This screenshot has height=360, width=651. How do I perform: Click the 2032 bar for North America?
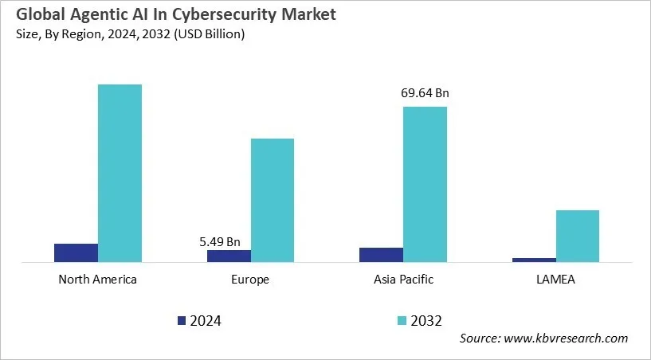tap(120, 173)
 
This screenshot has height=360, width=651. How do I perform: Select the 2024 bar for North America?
tap(76, 252)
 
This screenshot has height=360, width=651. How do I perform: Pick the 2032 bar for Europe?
tap(273, 200)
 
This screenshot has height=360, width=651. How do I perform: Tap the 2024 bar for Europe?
tap(229, 256)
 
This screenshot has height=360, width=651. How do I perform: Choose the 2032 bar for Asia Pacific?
tap(425, 184)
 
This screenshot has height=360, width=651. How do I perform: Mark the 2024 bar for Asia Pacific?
tap(381, 254)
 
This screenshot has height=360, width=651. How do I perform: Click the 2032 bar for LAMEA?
tap(577, 236)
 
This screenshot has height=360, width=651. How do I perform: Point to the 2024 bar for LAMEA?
tap(534, 260)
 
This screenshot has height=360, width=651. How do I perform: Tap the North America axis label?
tap(98, 280)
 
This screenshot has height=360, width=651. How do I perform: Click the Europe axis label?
tap(250, 280)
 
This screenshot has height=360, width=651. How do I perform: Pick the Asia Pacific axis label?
tap(403, 280)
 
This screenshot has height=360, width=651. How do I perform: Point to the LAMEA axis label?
tap(555, 280)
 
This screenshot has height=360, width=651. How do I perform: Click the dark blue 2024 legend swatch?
tap(182, 321)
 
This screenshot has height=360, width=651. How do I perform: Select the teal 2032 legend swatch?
tap(402, 321)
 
